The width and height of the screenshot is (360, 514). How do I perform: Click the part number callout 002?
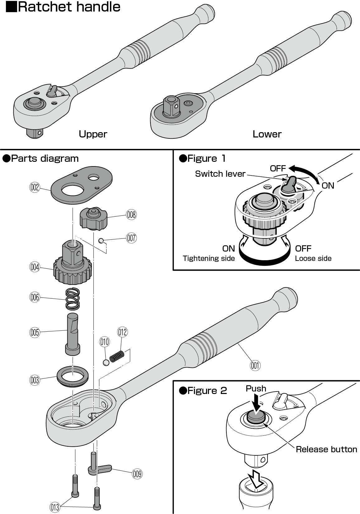point(35,188)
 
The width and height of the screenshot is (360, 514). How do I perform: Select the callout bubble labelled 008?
point(131,214)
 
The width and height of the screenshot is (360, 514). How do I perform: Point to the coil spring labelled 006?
point(73,298)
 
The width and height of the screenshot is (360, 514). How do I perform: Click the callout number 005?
point(35,332)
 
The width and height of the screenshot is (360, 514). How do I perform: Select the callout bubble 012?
point(122,332)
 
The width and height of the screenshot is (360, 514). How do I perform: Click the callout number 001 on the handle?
point(255,365)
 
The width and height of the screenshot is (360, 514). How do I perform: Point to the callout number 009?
point(137,474)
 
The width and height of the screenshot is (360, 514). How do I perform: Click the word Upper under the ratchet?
point(93,134)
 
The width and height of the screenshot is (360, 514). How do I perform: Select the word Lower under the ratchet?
point(267,134)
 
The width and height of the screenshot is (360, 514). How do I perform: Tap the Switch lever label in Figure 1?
point(220,174)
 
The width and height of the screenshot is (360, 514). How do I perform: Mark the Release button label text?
point(326,449)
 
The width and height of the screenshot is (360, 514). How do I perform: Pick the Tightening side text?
point(209,258)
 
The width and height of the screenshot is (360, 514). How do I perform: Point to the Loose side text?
point(313,258)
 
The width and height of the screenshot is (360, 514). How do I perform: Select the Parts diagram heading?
point(45,158)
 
